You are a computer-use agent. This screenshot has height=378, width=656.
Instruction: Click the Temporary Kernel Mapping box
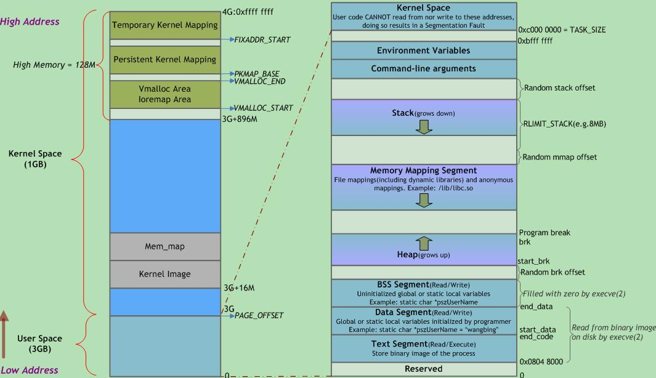[x=164, y=25]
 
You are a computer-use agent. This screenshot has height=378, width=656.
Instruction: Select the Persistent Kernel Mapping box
[x=164, y=60]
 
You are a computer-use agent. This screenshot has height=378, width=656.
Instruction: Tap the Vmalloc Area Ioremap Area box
[x=164, y=94]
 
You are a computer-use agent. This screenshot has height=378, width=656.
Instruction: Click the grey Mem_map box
[x=164, y=246]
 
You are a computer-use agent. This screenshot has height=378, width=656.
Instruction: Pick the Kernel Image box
[x=164, y=274]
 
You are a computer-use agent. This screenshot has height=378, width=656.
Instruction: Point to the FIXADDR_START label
[x=262, y=40]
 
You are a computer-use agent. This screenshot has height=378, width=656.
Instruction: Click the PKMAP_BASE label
[x=257, y=74]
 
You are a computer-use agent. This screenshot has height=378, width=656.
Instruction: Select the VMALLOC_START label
[x=263, y=108]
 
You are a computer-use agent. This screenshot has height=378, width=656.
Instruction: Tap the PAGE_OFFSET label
[x=259, y=316]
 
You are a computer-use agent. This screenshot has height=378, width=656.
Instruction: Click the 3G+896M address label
[x=240, y=119]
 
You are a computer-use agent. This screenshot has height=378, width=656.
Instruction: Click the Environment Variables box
[x=423, y=50]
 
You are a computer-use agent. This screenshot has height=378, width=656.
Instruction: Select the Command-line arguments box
[x=423, y=68]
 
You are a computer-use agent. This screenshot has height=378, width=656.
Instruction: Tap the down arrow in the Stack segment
[x=424, y=126]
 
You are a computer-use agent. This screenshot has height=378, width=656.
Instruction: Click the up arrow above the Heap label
[x=424, y=243]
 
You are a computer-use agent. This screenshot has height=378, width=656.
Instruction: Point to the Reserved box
[x=423, y=369]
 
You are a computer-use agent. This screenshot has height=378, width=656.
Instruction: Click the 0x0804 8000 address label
[x=540, y=362]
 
